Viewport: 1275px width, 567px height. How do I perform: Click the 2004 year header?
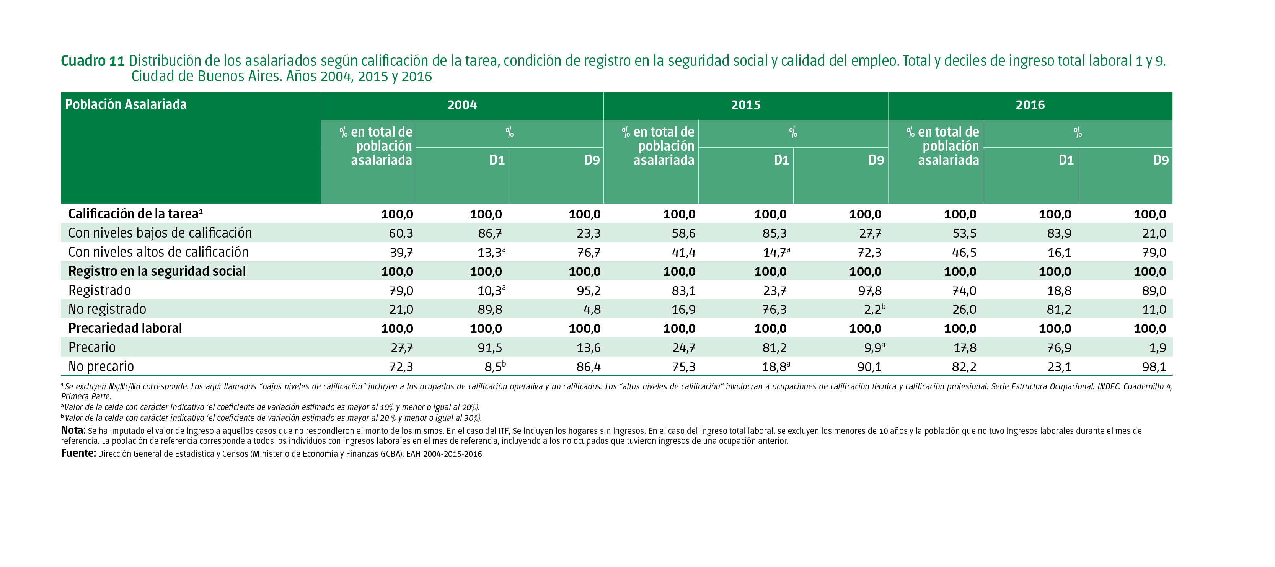pyautogui.click(x=462, y=105)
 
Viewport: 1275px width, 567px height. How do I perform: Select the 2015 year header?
pyautogui.click(x=745, y=105)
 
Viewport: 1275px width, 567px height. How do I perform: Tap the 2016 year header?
pyautogui.click(x=1030, y=105)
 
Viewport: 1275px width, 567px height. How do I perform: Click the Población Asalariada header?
pyautogui.click(x=126, y=104)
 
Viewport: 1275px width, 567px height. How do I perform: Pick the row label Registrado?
pyautogui.click(x=99, y=290)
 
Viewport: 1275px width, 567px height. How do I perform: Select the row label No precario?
pyautogui.click(x=101, y=367)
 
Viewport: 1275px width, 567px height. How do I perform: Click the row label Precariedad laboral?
pyautogui.click(x=125, y=329)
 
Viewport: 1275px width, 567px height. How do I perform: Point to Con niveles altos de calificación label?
pyautogui.click(x=158, y=253)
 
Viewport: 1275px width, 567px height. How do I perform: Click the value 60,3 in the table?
pyautogui.click(x=401, y=233)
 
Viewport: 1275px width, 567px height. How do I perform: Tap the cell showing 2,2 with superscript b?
pyautogui.click(x=874, y=310)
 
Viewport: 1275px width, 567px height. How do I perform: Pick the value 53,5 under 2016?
pyautogui.click(x=964, y=233)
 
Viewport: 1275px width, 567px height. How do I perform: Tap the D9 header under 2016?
pyautogui.click(x=1160, y=160)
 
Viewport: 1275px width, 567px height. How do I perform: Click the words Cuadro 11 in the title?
pyautogui.click(x=93, y=61)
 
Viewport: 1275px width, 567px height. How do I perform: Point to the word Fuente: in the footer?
pyautogui.click(x=78, y=453)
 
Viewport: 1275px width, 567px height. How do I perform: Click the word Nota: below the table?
pyautogui.click(x=73, y=430)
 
